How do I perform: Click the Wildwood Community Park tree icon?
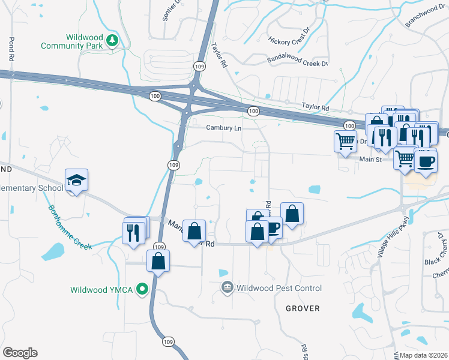click(112, 40)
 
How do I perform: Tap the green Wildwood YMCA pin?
click(142, 289)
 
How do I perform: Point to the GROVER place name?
click(303, 308)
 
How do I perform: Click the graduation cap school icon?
click(77, 180)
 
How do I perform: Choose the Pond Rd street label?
click(11, 50)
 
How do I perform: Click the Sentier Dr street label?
click(170, 11)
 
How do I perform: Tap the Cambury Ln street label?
click(223, 128)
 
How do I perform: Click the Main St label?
click(371, 160)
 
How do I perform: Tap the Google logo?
click(20, 353)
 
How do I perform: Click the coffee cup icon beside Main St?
click(426, 161)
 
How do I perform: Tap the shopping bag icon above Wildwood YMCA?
click(158, 261)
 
